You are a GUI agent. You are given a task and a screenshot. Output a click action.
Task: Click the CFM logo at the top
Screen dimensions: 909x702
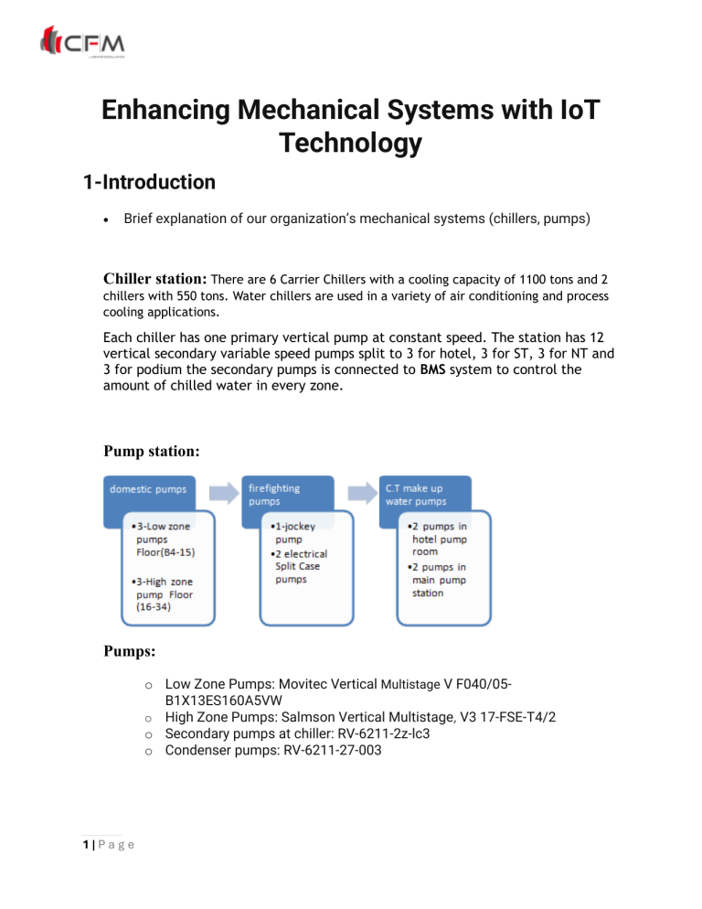coord(82,43)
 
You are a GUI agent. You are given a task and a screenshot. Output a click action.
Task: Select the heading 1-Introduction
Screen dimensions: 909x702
coord(148,182)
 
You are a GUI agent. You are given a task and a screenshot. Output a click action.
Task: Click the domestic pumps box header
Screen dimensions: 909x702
coord(150,488)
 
